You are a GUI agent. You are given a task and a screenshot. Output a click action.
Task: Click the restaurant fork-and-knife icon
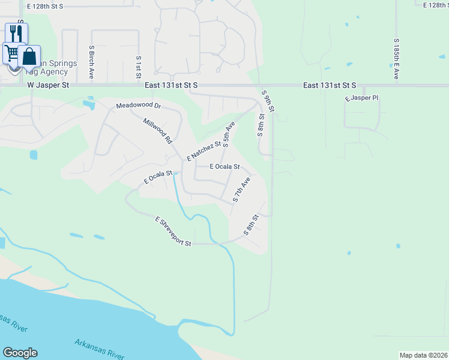tap(16, 32)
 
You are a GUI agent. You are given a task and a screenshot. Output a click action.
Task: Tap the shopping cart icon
tap(11, 52)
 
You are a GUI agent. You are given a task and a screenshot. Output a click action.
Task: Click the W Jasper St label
tap(49, 86)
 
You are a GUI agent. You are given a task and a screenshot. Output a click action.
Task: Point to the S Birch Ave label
tap(91, 62)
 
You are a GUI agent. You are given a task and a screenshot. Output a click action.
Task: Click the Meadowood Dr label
tap(139, 106)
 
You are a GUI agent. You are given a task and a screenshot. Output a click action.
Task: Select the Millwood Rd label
tap(158, 130)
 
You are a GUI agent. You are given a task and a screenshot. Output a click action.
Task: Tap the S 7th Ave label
tap(241, 190)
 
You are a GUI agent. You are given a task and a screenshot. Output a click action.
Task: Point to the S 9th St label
tap(268, 101)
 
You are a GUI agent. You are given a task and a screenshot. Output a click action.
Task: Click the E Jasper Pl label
tap(361, 97)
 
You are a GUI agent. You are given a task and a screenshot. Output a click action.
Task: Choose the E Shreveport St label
tap(173, 232)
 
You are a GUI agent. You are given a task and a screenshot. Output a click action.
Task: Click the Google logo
tap(20, 353)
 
